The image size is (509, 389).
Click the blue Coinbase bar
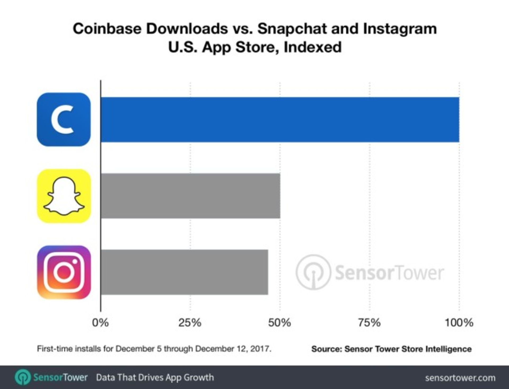point(280,120)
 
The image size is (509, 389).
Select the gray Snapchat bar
point(190,196)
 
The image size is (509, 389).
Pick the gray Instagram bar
point(184,272)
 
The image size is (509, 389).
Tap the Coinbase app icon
point(64,120)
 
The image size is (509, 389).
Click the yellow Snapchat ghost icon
point(64,196)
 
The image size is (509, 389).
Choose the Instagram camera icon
point(64,272)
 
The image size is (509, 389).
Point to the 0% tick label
point(100,323)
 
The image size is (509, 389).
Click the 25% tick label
point(190,323)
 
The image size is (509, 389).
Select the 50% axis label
point(279,323)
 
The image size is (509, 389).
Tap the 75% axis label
point(369,323)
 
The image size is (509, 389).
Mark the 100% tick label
point(459,323)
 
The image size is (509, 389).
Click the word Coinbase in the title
point(107,29)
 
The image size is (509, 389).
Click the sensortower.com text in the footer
point(460,378)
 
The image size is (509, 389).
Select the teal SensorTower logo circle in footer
point(23,377)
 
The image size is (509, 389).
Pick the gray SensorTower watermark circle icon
point(313,272)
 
